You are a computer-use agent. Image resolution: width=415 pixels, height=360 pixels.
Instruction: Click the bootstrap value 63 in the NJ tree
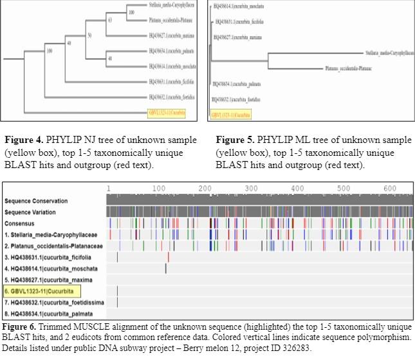pos(110,20)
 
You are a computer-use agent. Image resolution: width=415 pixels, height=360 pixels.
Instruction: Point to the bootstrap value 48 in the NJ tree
pos(110,58)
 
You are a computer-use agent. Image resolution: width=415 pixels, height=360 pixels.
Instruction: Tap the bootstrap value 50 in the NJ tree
pos(89,34)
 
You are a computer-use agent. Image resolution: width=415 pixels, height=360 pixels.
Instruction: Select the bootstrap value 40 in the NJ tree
pos(69,43)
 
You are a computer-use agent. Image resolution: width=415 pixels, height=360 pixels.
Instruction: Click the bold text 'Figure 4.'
pos(24,139)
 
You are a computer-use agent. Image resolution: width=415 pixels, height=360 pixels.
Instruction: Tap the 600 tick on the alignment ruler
pos(389,188)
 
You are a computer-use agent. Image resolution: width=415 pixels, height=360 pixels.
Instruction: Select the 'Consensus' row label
pos(21,223)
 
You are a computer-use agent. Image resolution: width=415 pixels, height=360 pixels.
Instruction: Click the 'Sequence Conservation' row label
pos(39,201)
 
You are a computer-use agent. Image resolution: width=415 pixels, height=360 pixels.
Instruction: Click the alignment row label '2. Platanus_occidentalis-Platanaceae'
pos(53,246)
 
